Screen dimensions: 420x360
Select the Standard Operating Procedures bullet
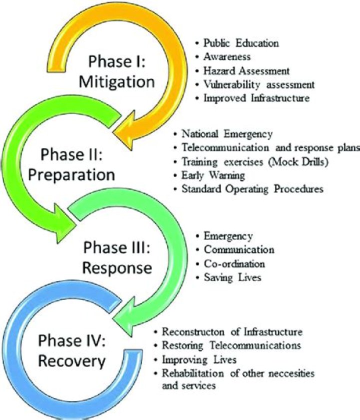pyautogui.click(x=252, y=189)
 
